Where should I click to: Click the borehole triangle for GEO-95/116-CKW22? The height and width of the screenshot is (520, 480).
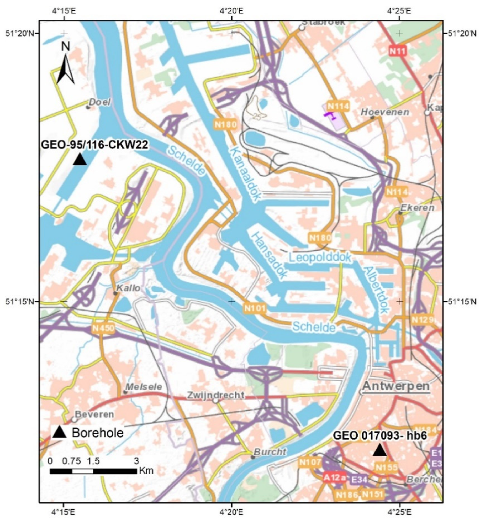click(x=80, y=159)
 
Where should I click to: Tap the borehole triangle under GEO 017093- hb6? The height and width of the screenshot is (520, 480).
click(x=380, y=450)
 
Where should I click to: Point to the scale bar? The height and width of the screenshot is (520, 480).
click(x=93, y=471)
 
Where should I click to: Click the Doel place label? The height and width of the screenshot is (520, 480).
click(x=100, y=102)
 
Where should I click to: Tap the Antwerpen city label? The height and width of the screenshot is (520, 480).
click(x=396, y=386)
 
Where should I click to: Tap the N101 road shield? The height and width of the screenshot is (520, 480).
click(x=255, y=308)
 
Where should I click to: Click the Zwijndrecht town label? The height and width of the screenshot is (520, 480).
click(x=215, y=395)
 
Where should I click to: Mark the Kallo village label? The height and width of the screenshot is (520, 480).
click(x=128, y=288)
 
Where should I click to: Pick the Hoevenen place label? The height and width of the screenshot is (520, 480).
click(x=385, y=112)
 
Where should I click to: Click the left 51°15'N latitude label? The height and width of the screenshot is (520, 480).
click(x=20, y=302)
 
